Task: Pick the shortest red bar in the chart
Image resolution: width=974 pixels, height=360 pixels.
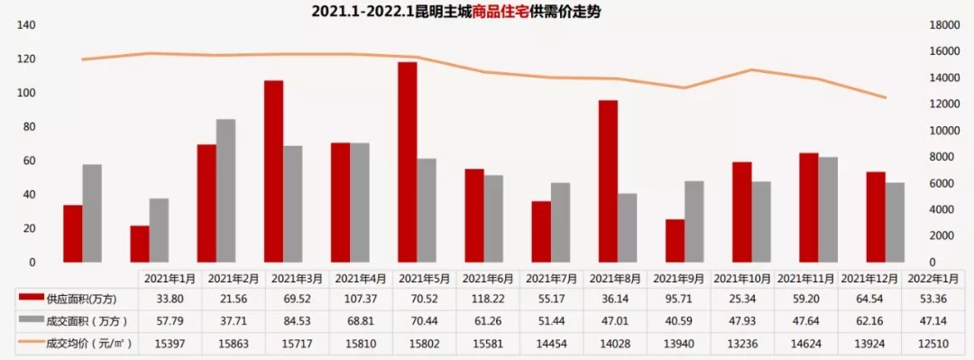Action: [140, 244]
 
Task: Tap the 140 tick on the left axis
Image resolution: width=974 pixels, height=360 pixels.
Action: [26, 25]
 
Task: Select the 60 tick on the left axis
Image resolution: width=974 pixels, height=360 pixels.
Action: [30, 161]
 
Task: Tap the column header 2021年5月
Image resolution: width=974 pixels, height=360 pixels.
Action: [427, 278]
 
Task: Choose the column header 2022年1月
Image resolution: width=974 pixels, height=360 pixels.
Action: [935, 278]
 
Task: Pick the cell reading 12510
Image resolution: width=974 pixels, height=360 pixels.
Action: [935, 340]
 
